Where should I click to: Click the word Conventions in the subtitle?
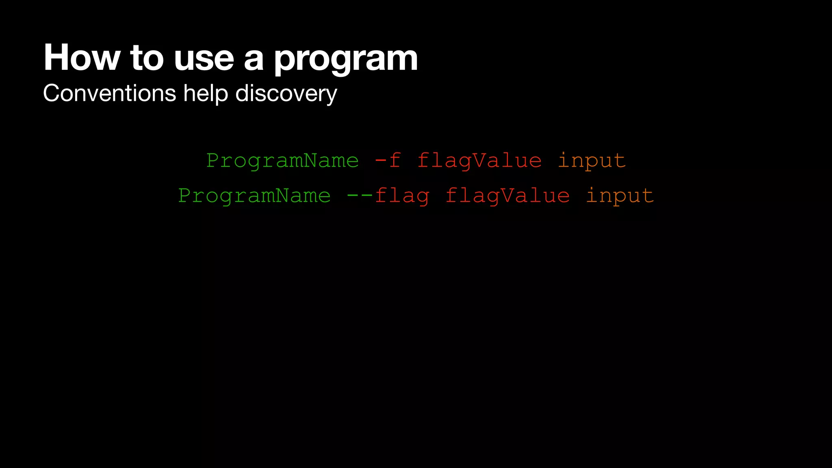tap(109, 93)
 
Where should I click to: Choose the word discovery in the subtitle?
tap(286, 94)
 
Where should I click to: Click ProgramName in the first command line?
tap(283, 161)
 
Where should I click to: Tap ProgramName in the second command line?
tap(255, 196)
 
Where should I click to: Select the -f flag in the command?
tap(388, 160)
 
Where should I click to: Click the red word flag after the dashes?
tap(402, 196)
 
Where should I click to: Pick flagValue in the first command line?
tap(479, 161)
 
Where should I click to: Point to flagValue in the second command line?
tap(508, 196)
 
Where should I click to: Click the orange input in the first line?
tap(591, 161)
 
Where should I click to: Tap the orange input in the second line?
tap(620, 196)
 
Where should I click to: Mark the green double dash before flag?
tap(360, 195)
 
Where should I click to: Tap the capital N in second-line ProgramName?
tap(283, 195)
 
